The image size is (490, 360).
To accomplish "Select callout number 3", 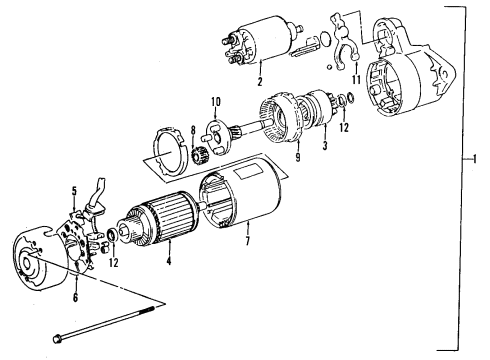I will click(x=325, y=146).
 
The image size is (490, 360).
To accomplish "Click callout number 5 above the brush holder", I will click(x=73, y=190).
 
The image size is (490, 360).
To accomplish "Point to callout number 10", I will click(x=214, y=100).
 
